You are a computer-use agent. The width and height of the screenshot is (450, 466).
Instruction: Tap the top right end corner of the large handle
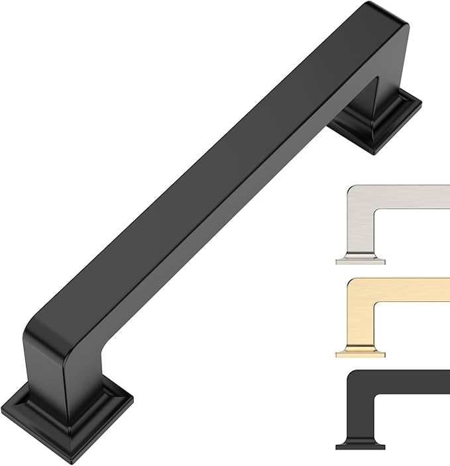(x=391, y=17)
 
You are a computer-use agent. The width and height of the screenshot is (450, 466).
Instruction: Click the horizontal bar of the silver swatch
(x=411, y=198)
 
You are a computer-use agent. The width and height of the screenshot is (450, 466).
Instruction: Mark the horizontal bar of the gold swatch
(x=411, y=291)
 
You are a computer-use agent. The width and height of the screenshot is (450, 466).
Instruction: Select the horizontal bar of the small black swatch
(x=411, y=383)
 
